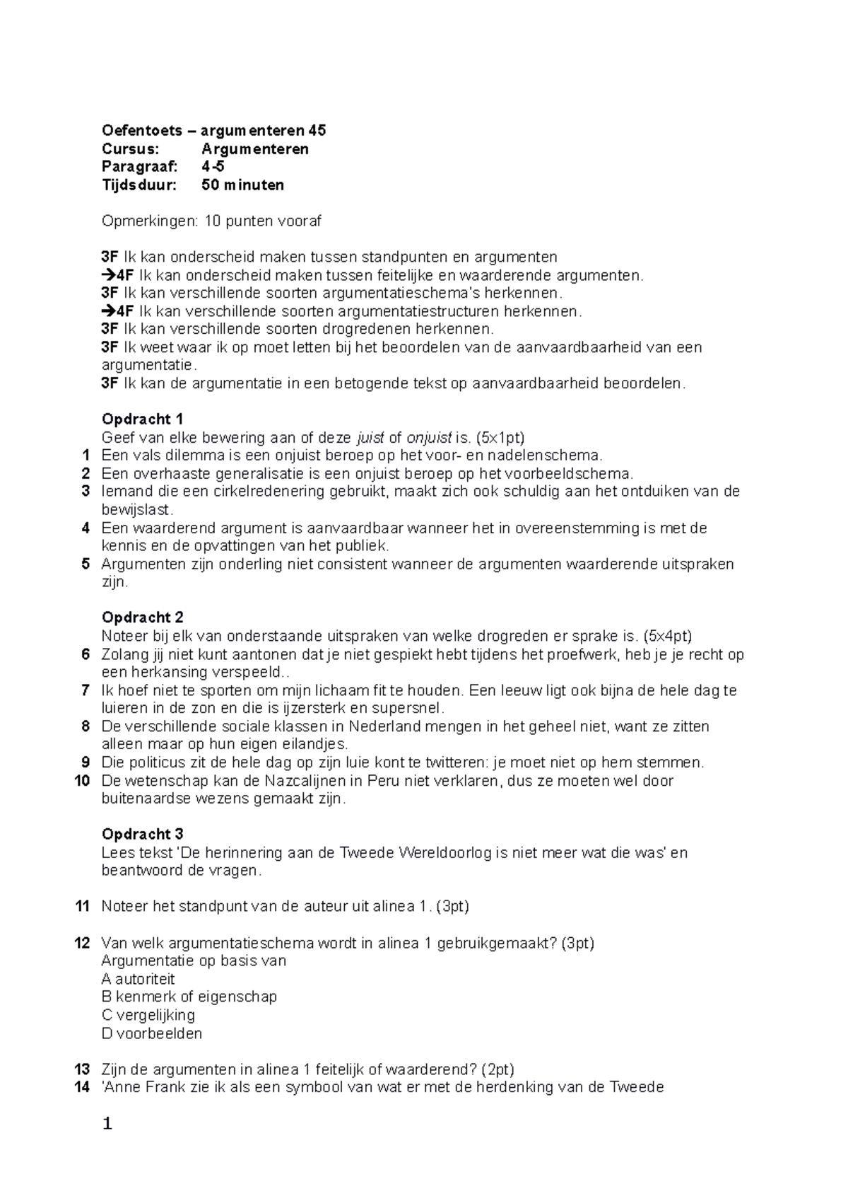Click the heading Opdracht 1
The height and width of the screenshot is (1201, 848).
pos(142,419)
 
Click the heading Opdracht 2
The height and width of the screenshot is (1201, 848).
pos(142,617)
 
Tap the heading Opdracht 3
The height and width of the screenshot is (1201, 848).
pos(142,834)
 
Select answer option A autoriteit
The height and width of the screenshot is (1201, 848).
pos(138,979)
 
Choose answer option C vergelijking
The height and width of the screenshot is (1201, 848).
pos(148,1015)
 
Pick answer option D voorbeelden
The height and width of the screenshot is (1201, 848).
pos(152,1033)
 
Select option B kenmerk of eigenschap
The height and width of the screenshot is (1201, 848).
pos(189,997)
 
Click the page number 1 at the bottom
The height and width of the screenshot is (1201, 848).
pos(107,1124)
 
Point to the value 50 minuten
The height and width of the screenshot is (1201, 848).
pos(242,185)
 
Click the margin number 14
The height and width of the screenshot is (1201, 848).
pos(82,1087)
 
